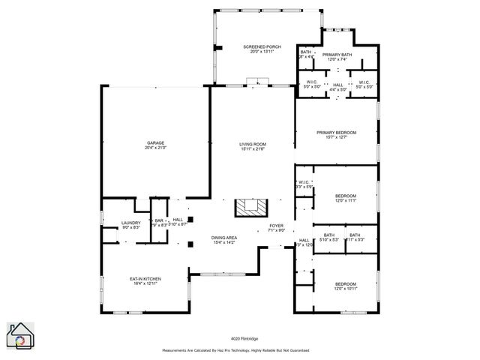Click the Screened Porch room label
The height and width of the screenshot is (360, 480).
(x=262, y=46)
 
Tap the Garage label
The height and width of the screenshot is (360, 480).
(x=156, y=142)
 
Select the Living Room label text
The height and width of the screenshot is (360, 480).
(x=253, y=143)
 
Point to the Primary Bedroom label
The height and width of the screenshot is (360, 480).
(x=336, y=132)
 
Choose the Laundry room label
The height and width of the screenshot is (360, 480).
(x=131, y=222)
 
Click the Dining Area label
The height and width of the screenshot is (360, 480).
(x=224, y=237)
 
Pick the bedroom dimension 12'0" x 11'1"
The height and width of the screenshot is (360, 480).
(x=346, y=200)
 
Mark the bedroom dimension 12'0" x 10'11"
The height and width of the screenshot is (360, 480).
(x=346, y=288)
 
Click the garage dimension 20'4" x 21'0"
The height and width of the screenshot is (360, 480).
(x=156, y=148)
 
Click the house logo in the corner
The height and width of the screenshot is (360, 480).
(x=20, y=335)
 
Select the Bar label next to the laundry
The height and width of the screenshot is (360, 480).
(x=159, y=220)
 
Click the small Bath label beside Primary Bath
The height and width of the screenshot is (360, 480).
(x=306, y=52)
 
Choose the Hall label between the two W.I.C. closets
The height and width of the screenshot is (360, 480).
(x=338, y=84)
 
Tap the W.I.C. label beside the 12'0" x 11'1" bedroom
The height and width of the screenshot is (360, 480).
(x=304, y=181)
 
